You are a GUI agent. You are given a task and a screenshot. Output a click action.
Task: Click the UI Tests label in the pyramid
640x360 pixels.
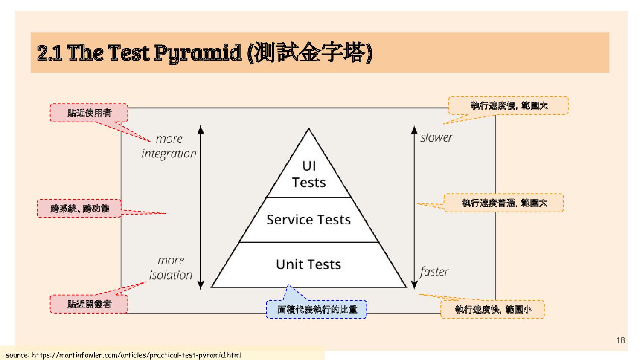click(308, 174)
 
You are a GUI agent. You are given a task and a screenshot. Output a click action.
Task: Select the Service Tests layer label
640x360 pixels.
click(308, 220)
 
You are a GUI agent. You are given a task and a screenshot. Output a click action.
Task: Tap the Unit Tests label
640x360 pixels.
click(308, 264)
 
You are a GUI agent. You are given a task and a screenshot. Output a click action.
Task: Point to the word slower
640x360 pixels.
click(436, 137)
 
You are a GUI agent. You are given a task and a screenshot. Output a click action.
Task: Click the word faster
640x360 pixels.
click(434, 272)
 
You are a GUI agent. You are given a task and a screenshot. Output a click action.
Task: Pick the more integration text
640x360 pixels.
click(169, 146)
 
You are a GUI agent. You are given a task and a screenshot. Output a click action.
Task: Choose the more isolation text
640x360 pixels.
click(171, 268)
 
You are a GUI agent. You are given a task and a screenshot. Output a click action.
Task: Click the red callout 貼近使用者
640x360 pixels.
click(89, 113)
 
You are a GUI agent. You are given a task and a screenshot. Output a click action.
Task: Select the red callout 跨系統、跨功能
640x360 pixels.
click(79, 209)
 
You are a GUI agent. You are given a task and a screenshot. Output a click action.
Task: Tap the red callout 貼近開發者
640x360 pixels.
click(89, 304)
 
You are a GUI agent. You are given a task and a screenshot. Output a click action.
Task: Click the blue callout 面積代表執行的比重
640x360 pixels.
click(317, 310)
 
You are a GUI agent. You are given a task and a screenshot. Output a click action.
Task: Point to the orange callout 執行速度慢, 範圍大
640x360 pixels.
click(509, 105)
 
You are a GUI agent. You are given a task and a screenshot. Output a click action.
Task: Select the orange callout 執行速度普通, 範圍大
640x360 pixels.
click(504, 203)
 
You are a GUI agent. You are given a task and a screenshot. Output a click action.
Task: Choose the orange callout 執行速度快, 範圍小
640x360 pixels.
click(493, 310)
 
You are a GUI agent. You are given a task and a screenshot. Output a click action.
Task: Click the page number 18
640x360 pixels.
click(620, 340)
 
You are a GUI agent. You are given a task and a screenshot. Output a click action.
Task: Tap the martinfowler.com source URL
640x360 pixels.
click(137, 355)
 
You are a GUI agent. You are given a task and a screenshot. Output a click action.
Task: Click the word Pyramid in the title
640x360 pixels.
click(198, 53)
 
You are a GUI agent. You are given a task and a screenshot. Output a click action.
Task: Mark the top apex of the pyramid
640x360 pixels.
click(308, 129)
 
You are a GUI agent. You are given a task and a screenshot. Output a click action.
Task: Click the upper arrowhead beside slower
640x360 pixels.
click(414, 129)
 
